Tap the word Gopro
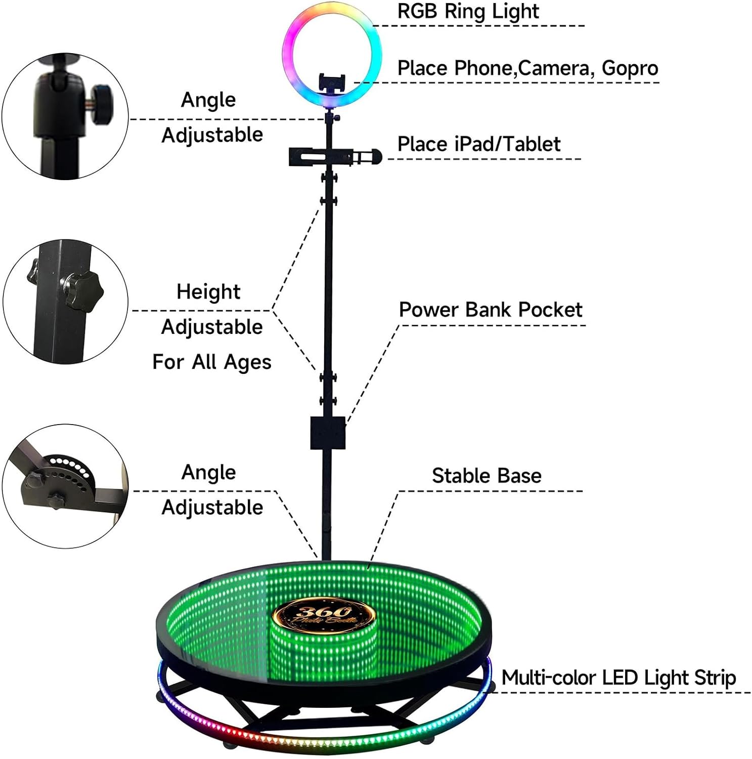pyautogui.click(x=630, y=69)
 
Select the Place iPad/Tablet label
pyautogui.click(x=478, y=144)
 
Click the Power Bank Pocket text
pyautogui.click(x=490, y=310)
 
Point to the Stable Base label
pyautogui.click(x=486, y=476)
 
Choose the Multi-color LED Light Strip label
pyautogui.click(x=618, y=678)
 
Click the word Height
pyautogui.click(x=208, y=292)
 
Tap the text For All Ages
pyautogui.click(x=211, y=362)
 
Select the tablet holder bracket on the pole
pyautogui.click(x=324, y=156)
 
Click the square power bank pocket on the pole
pyautogui.click(x=328, y=433)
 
